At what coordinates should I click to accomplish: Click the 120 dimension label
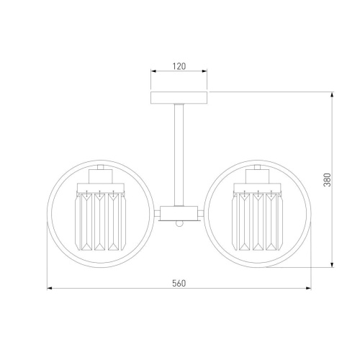click(179, 66)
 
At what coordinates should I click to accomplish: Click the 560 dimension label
click(179, 284)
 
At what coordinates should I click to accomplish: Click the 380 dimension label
click(328, 179)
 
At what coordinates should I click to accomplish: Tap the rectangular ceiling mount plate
click(179, 97)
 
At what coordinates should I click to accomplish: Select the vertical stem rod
click(179, 155)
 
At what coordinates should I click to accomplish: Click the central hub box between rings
click(179, 213)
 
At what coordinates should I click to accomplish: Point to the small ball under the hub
click(179, 223)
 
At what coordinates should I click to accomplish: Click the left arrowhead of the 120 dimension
click(153, 71)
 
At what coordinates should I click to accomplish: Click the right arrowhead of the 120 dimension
click(204, 71)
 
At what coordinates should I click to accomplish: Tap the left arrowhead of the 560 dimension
click(50, 288)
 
